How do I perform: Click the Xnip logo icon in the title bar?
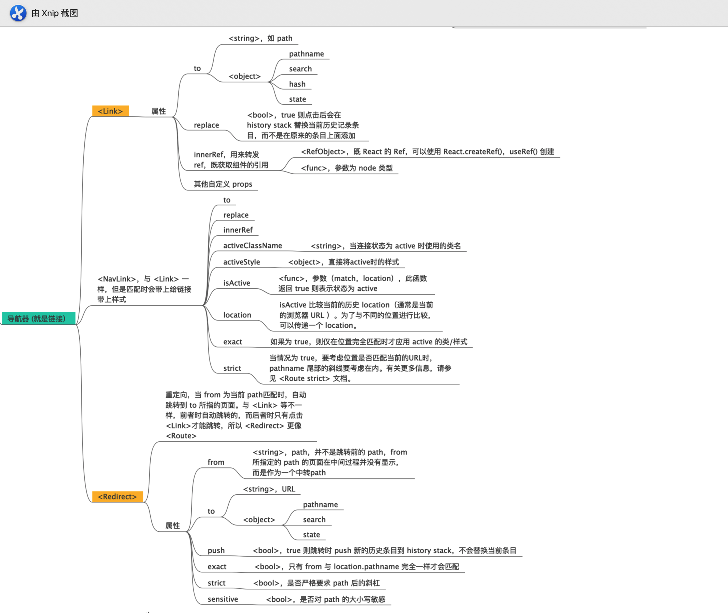18,13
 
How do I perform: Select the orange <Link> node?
110,111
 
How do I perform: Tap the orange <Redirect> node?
117,496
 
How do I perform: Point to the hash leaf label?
297,84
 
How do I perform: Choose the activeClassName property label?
252,246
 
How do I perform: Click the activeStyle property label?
241,262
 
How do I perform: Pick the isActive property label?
237,283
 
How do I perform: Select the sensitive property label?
223,599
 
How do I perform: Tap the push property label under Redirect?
216,550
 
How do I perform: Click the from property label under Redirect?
216,462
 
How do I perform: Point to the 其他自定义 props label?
223,184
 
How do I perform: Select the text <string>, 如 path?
260,38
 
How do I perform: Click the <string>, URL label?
269,489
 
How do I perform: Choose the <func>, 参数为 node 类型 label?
347,168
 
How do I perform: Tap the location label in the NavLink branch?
237,315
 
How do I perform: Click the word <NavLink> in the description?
117,279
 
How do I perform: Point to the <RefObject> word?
323,151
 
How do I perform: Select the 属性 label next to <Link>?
159,111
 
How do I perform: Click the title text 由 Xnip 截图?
55,13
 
